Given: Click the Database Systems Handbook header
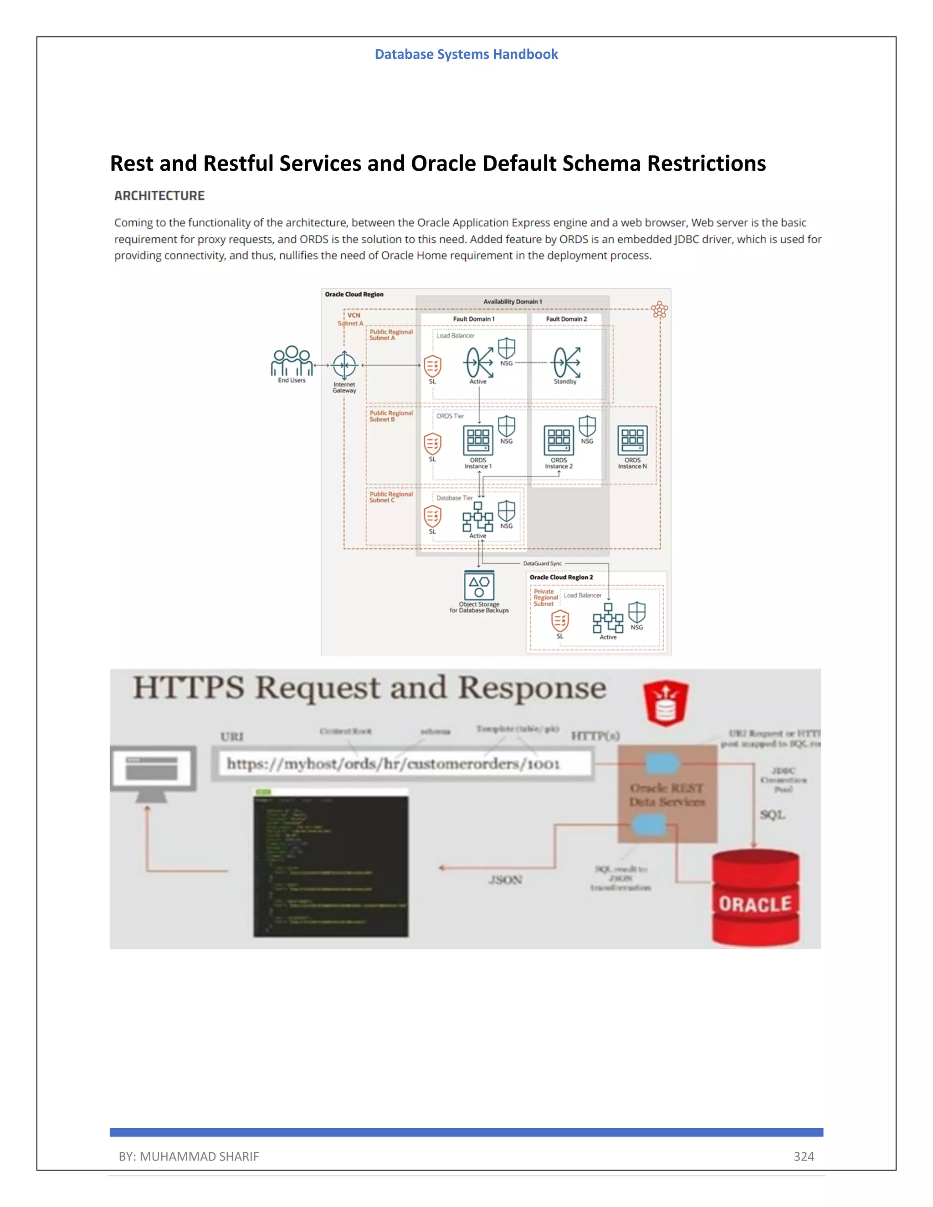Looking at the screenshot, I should click(x=466, y=54).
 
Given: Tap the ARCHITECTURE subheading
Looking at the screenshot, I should click(x=159, y=196).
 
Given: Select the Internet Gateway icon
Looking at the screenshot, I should click(x=344, y=365).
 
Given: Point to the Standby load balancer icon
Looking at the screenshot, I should click(x=566, y=363).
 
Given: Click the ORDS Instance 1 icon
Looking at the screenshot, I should click(x=478, y=440).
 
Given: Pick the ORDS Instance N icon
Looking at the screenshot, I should click(x=632, y=440).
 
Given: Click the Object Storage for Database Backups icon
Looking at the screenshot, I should click(x=479, y=585).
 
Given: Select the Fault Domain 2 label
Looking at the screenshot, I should click(x=566, y=319).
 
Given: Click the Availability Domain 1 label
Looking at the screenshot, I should click(x=513, y=302).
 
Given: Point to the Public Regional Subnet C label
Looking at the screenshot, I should click(x=391, y=497).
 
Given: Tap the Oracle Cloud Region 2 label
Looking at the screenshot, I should click(x=561, y=577).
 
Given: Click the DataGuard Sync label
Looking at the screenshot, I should click(x=542, y=564).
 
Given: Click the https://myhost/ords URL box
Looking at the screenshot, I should click(x=402, y=764).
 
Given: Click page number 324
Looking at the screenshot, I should click(x=804, y=1156).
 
